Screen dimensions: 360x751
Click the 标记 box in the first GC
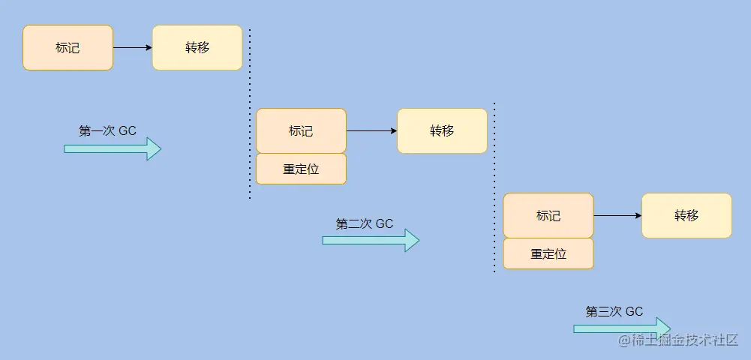pos(68,48)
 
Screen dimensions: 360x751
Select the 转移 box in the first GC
pos(197,48)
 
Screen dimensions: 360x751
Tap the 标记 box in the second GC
pos(301,131)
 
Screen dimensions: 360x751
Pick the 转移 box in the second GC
pos(442,131)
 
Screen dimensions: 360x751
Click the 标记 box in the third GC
pos(548,216)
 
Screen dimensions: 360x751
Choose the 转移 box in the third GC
pos(686,216)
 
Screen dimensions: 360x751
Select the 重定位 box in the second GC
pos(301,169)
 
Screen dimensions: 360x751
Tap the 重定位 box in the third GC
pos(548,254)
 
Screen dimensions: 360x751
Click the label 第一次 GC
pos(107,130)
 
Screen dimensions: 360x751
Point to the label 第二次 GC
pos(365,223)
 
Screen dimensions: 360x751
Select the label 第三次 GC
pos(614,312)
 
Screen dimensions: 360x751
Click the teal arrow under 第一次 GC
pos(113,149)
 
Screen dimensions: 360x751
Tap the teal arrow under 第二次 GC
pos(371,240)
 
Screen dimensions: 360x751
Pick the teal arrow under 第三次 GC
pos(622,328)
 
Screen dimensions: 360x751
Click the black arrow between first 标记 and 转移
pos(133,48)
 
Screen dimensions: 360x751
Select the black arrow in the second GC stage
pos(371,131)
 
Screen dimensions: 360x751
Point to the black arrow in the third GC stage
pos(617,216)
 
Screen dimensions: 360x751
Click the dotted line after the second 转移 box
pos(494,187)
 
